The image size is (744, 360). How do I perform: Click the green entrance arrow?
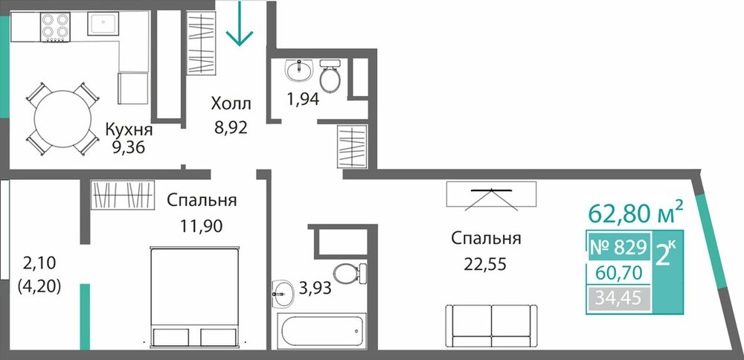point(240,24)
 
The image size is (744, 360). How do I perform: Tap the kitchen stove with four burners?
point(56,27)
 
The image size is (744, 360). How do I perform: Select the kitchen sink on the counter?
point(103,24)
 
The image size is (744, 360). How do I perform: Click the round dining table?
point(62,118)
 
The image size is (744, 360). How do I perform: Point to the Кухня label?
point(129,129)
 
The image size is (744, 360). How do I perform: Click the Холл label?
point(231,103)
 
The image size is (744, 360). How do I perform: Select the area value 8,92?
point(231,128)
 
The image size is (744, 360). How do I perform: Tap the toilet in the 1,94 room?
point(330,76)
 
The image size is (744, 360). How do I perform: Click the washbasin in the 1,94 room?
point(299,70)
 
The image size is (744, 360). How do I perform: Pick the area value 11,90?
point(201,226)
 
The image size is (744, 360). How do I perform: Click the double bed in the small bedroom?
point(194,297)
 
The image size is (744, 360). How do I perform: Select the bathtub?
point(323,331)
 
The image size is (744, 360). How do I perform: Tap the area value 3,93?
point(314,288)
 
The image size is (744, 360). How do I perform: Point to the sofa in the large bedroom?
point(492,326)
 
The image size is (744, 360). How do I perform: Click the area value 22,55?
point(486,263)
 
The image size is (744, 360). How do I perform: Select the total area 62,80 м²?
point(636,213)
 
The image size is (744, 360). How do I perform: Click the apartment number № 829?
point(618,247)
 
